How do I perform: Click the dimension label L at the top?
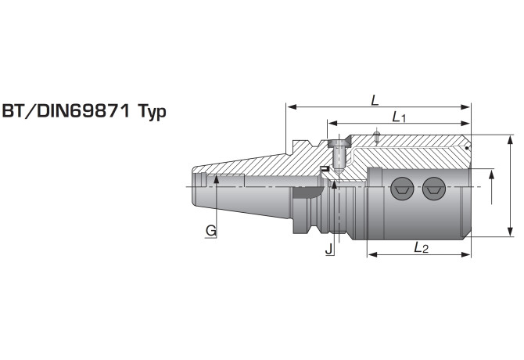click(x=375, y=100)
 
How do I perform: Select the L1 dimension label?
click(x=399, y=117)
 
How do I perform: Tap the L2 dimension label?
click(x=421, y=247)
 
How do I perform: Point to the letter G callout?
click(x=211, y=231)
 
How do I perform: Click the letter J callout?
click(x=329, y=249)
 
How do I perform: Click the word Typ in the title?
click(x=152, y=112)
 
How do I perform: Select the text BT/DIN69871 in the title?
click(x=66, y=110)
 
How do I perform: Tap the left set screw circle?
click(x=402, y=189)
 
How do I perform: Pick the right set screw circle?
click(x=434, y=189)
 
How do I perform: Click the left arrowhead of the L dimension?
click(x=292, y=107)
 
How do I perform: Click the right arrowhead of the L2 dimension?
click(x=465, y=254)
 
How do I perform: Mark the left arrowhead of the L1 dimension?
click(x=333, y=124)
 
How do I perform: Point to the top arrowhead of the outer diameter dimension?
click(x=510, y=140)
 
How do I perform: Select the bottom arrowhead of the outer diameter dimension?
click(x=510, y=232)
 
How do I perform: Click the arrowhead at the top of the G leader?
click(x=216, y=179)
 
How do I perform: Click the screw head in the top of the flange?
click(x=339, y=144)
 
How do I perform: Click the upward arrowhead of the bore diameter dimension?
click(x=491, y=175)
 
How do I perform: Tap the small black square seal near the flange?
click(x=324, y=168)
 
